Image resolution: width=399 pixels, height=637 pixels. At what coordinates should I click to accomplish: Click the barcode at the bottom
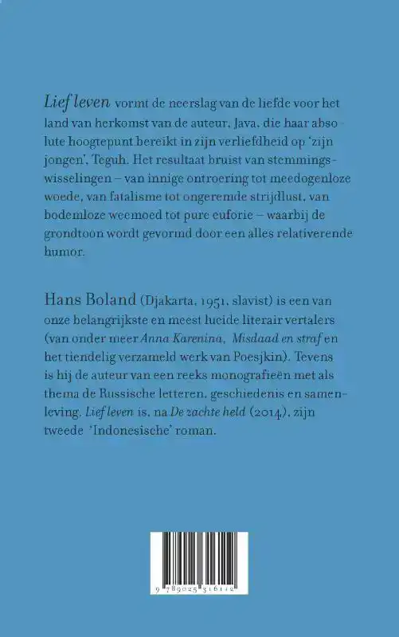pyautogui.click(x=199, y=566)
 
